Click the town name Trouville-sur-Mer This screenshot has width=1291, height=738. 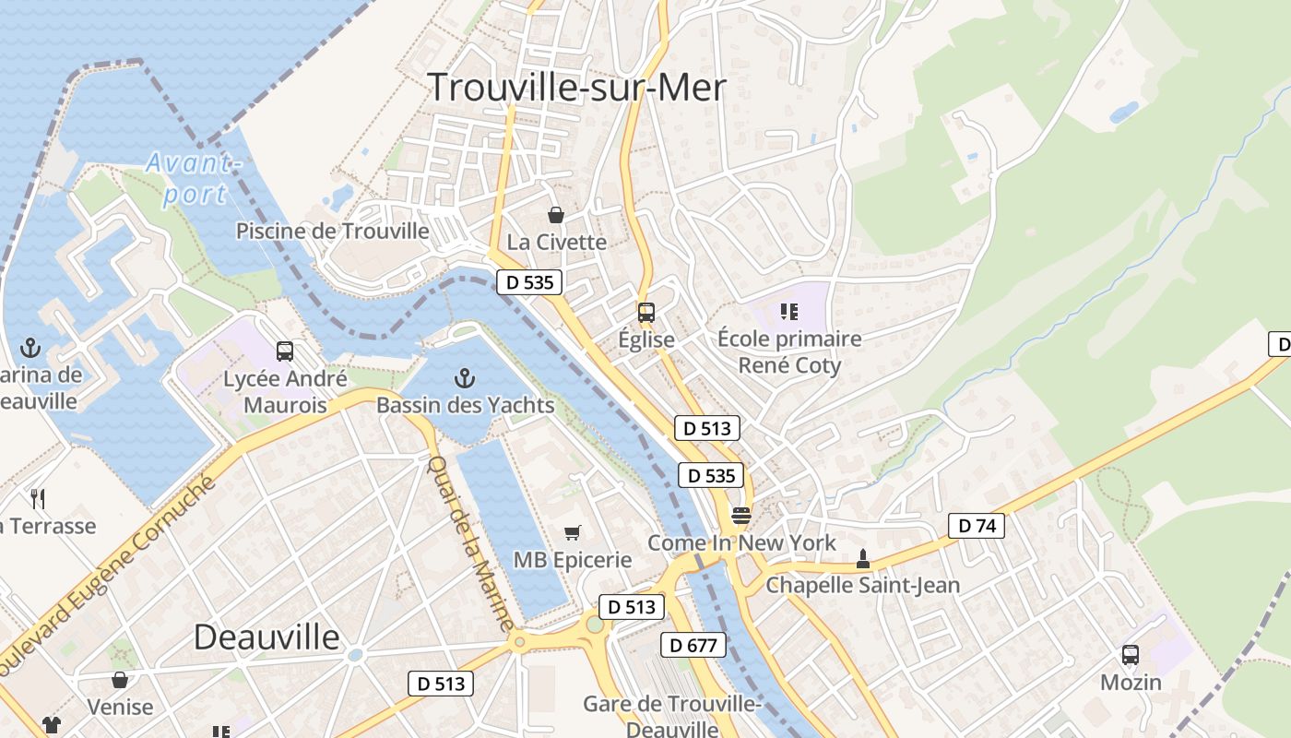(577, 87)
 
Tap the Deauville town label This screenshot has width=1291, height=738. (266, 637)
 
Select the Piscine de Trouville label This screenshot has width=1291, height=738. (333, 231)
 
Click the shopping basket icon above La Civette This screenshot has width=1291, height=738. (556, 215)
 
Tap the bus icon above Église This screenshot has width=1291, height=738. (646, 312)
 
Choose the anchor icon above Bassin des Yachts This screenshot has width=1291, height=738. (465, 377)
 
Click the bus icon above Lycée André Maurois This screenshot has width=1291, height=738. (285, 351)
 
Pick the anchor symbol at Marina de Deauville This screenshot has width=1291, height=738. (30, 348)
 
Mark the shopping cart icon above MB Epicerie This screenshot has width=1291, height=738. (573, 532)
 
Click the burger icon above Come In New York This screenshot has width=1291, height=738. (741, 515)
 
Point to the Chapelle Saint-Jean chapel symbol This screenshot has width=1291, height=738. (863, 558)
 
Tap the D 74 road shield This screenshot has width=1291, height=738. (977, 526)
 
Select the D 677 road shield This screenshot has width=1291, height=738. (693, 645)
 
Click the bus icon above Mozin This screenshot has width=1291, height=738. (1131, 655)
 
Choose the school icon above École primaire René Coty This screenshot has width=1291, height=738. (788, 312)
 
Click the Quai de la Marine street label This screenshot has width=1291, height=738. (470, 544)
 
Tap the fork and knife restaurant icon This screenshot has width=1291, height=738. (38, 499)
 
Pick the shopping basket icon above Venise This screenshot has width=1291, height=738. (120, 680)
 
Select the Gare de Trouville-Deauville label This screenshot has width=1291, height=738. (671, 716)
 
